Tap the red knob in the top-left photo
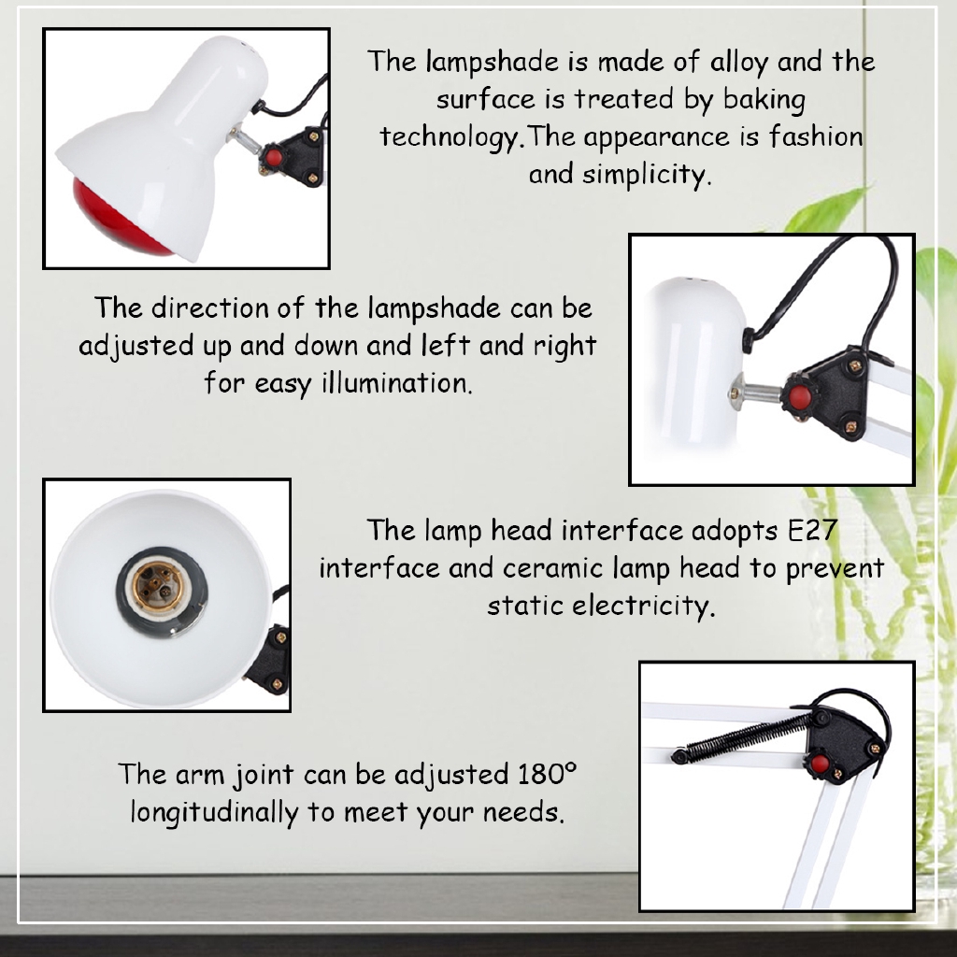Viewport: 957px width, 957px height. [274, 158]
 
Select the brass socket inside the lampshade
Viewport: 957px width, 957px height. [157, 587]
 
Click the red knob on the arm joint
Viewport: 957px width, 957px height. [820, 764]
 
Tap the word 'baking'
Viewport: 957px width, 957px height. [764, 99]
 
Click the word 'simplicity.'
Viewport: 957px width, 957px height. [647, 175]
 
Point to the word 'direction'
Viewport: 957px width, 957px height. [210, 307]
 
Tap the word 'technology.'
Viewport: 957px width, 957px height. [451, 137]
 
